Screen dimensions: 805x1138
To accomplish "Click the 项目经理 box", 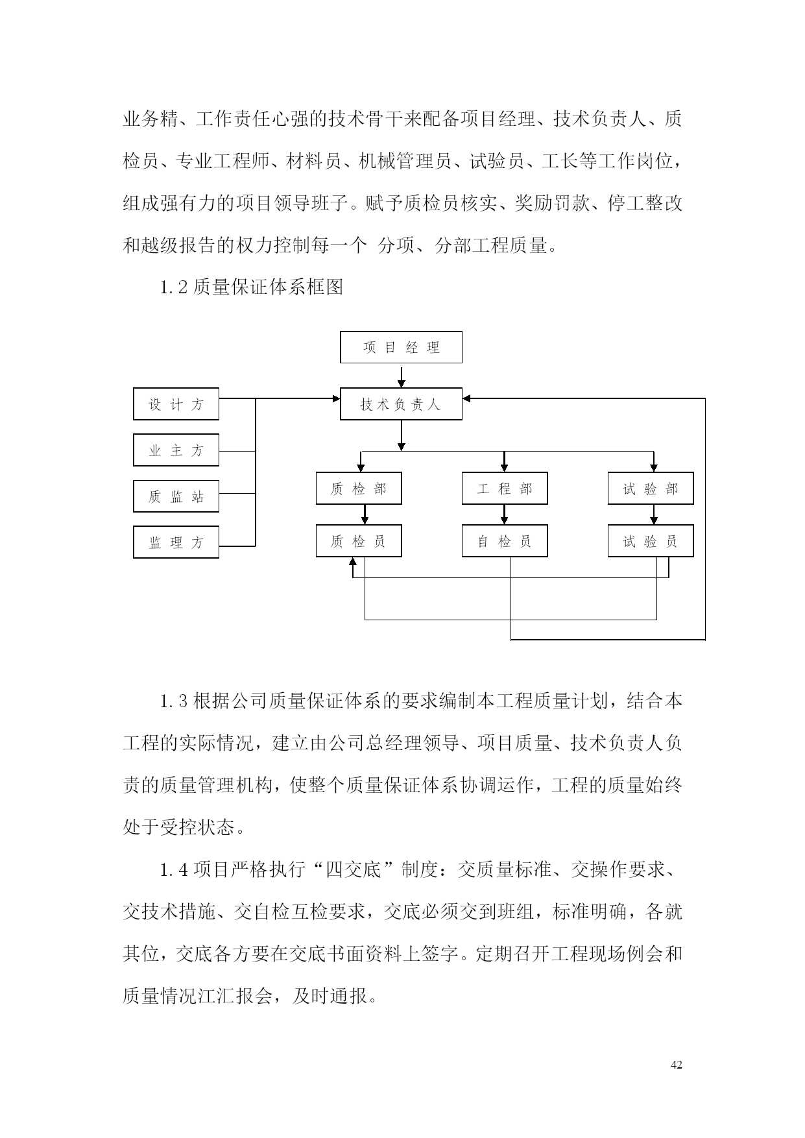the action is (x=401, y=347).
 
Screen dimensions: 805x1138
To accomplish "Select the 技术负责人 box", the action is (x=401, y=404).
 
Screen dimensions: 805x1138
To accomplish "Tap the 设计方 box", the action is (x=176, y=404).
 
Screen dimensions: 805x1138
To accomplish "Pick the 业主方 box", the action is (x=176, y=450).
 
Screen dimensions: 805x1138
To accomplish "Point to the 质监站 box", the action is (x=176, y=496).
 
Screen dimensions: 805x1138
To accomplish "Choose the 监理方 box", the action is (x=176, y=542).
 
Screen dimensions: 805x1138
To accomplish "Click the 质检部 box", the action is (x=359, y=489).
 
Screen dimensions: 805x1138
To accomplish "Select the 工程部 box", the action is (x=505, y=489).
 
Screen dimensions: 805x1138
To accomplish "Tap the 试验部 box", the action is (x=651, y=489).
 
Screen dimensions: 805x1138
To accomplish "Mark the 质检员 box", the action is (x=359, y=541).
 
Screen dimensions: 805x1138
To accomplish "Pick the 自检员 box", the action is (x=505, y=541).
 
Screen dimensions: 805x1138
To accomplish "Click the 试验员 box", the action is (x=651, y=541).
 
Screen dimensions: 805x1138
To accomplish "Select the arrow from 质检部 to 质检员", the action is (x=365, y=515).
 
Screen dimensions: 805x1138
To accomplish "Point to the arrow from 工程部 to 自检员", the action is (x=505, y=515).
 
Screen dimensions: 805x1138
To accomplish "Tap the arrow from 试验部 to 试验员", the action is (x=654, y=515).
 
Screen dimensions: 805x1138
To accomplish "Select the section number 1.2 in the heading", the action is (x=174, y=287).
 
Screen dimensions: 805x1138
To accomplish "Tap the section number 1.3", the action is (x=174, y=701).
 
